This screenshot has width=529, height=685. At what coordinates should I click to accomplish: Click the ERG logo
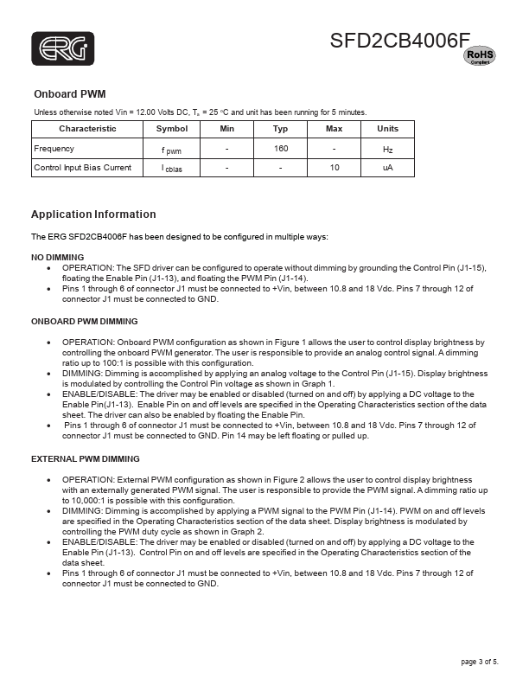(x=63, y=49)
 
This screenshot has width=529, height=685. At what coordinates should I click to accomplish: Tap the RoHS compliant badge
(x=480, y=56)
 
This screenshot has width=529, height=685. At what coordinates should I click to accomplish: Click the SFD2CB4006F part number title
(x=399, y=41)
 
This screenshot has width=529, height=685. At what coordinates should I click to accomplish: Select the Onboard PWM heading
(x=69, y=93)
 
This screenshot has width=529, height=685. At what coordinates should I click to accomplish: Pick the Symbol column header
(x=171, y=129)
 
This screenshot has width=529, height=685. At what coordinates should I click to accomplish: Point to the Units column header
(x=387, y=129)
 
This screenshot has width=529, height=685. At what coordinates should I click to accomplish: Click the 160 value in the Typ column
(x=281, y=149)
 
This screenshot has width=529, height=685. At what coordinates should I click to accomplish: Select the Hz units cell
(x=387, y=150)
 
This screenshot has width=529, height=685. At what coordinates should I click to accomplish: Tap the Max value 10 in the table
(x=335, y=168)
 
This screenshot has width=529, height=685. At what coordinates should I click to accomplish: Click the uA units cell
(x=387, y=168)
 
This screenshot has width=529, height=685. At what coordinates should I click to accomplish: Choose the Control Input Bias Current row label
(x=82, y=168)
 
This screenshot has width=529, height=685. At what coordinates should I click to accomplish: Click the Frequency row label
(x=54, y=149)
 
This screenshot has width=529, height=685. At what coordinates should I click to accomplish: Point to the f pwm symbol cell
(x=171, y=150)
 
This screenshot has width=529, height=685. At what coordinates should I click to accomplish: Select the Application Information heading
(x=93, y=214)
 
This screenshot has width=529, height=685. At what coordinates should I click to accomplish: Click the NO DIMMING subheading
(x=58, y=258)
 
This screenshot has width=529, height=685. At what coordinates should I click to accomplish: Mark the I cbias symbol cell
(x=171, y=169)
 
